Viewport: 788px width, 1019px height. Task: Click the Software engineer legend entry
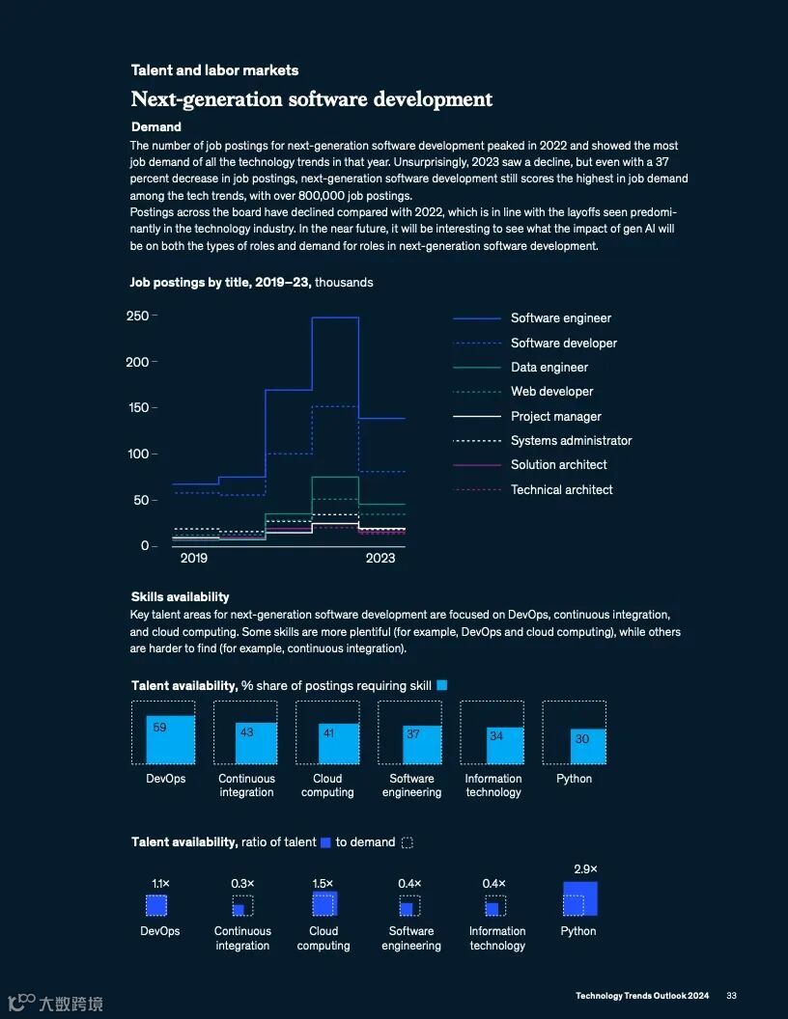560,318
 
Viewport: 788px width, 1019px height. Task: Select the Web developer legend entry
551,392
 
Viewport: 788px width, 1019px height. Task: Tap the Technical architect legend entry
561,490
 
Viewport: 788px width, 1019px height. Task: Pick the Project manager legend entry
555,417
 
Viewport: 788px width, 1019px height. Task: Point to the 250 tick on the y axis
138,316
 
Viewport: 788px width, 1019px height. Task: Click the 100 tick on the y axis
138,454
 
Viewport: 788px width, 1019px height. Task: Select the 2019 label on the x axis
194,559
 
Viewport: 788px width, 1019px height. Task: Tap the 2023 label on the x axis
380,559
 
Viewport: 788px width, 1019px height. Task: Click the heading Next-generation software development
312,99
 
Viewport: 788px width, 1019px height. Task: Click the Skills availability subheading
181,597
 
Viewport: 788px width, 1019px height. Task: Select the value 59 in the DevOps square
160,728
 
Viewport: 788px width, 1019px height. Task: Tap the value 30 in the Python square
582,739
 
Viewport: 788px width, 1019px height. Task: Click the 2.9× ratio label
585,868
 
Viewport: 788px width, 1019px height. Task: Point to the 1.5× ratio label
323,884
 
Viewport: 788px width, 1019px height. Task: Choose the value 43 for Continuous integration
247,732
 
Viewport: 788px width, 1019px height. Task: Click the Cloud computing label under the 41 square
327,785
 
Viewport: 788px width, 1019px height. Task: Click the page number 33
732,996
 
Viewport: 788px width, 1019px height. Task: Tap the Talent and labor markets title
214,70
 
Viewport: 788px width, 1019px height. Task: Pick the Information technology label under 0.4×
497,939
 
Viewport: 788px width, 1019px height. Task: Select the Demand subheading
156,127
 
